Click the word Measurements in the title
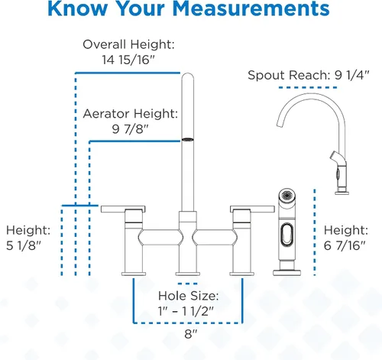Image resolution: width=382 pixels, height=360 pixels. click(251, 8)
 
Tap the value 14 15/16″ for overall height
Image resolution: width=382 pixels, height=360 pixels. click(128, 60)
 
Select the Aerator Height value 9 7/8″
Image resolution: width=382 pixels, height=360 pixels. click(130, 129)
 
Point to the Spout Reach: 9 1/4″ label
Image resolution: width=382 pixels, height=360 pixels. click(309, 75)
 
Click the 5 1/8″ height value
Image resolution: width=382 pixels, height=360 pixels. click(24, 245)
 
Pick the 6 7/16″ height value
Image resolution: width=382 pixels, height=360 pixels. click(345, 245)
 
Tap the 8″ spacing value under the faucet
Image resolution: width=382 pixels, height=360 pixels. click(191, 334)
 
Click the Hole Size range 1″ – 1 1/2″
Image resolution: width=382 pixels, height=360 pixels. click(186, 311)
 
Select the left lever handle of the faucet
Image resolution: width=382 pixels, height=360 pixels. click(123, 209)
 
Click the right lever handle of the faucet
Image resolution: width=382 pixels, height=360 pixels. click(252, 209)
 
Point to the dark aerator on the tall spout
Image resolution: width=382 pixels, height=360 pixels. click(188, 140)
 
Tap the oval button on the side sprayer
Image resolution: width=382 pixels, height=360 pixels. click(286, 235)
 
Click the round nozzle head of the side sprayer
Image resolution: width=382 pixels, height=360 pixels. click(287, 196)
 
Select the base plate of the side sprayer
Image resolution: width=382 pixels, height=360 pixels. click(286, 273)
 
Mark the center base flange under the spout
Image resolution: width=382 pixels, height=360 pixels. click(188, 274)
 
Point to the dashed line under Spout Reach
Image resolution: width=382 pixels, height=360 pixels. click(308, 88)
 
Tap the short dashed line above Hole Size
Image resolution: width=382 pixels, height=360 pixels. click(188, 284)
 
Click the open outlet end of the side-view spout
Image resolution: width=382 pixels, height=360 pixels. click(280, 124)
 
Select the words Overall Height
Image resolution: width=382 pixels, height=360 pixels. click(128, 44)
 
